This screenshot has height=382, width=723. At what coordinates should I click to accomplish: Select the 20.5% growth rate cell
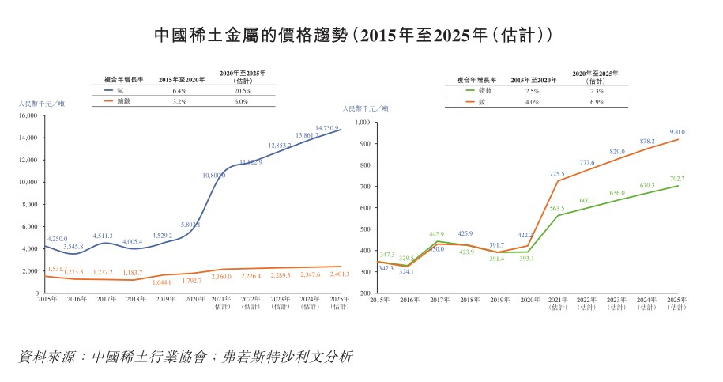coord(243,91)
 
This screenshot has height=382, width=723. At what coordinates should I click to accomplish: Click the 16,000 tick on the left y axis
coord(27,115)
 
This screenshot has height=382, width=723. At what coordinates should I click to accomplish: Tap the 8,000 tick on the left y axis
coord(28,204)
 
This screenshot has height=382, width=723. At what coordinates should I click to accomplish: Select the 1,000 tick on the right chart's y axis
coord(363,123)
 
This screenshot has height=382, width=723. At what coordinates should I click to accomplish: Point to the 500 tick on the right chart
coord(365,229)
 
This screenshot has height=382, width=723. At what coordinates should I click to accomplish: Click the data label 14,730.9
coord(326,128)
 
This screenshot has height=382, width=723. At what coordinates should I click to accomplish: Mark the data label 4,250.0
coord(58,238)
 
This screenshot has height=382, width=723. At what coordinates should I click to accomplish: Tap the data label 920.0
coord(677,132)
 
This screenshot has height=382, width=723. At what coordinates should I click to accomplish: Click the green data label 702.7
coord(677,179)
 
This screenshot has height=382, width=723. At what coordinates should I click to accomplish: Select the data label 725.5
coord(556,173)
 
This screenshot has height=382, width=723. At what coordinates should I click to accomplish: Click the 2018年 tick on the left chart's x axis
coord(133,300)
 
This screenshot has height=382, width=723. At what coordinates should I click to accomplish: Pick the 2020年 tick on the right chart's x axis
coord(527,300)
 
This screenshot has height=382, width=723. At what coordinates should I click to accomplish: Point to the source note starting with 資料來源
coord(186,357)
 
